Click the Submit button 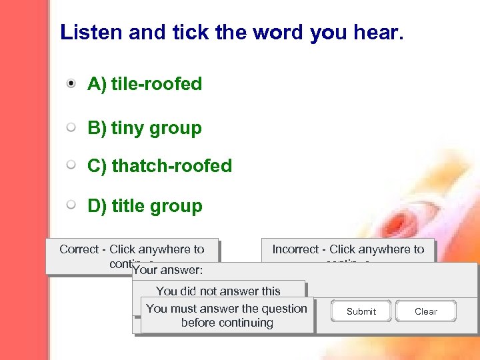pos(361,311)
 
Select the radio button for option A pos(71,84)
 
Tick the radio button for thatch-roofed pos(71,165)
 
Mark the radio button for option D pos(71,205)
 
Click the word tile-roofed pos(156,84)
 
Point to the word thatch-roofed pos(171,166)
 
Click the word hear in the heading pos(377,33)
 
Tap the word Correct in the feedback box pos(79,249)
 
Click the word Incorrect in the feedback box pos(295,249)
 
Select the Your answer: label pos(167,271)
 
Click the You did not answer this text pos(218,291)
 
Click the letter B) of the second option pos(97,127)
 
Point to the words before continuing pos(227,323)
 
